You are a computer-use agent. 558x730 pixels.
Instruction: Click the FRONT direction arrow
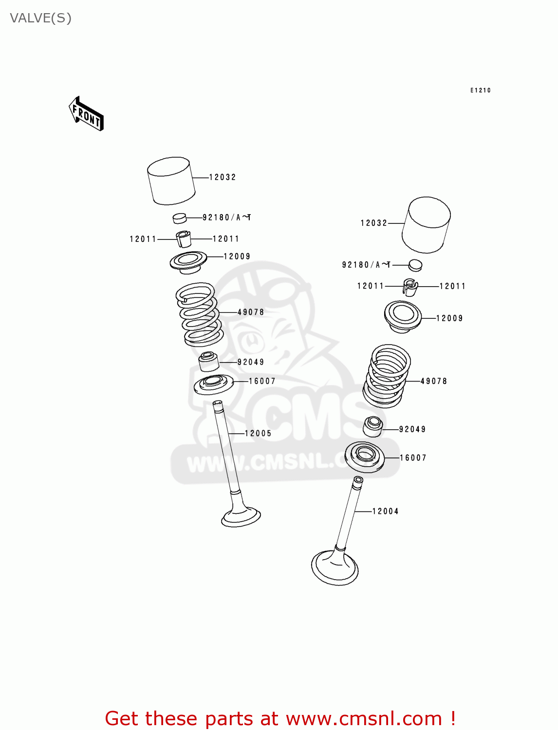86,114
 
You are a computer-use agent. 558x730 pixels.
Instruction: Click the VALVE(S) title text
41,18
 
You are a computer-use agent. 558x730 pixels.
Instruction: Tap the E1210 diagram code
480,90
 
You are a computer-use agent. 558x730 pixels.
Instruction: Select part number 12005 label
258,433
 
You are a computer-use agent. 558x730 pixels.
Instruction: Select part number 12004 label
385,511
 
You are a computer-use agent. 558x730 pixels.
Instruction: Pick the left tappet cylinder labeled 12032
171,181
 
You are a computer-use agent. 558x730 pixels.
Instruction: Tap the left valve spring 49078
199,314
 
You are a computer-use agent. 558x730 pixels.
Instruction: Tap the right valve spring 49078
387,376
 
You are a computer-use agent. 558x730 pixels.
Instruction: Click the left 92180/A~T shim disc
180,218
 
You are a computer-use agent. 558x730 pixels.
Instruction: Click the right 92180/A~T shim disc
415,265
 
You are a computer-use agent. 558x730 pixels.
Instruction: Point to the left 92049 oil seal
208,362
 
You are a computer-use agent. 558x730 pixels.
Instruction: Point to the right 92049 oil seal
373,427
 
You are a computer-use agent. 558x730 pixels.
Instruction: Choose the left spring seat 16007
213,384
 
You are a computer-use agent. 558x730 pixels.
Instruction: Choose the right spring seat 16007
364,457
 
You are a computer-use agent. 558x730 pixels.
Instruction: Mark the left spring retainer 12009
188,262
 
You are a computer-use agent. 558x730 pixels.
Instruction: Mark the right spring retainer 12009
403,316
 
